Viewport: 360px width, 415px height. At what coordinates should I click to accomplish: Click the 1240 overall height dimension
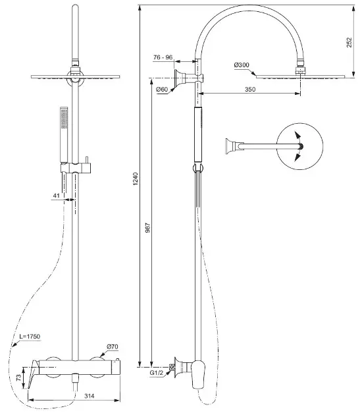(x=136, y=179)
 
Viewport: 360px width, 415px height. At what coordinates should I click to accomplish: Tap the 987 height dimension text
(x=148, y=228)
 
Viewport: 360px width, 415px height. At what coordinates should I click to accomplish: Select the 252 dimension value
(x=349, y=42)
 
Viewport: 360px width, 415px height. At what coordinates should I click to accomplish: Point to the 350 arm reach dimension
(x=250, y=89)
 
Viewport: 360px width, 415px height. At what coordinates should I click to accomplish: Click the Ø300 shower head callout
(x=242, y=65)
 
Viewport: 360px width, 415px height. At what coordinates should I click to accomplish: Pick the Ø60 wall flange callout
(x=162, y=90)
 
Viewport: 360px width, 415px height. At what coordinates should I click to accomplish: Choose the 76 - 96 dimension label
(x=163, y=57)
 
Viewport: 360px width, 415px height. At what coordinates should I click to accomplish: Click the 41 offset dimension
(x=57, y=196)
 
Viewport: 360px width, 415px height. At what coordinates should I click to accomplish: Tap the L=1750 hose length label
(x=30, y=337)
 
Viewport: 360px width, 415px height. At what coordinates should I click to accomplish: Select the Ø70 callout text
(x=113, y=346)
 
